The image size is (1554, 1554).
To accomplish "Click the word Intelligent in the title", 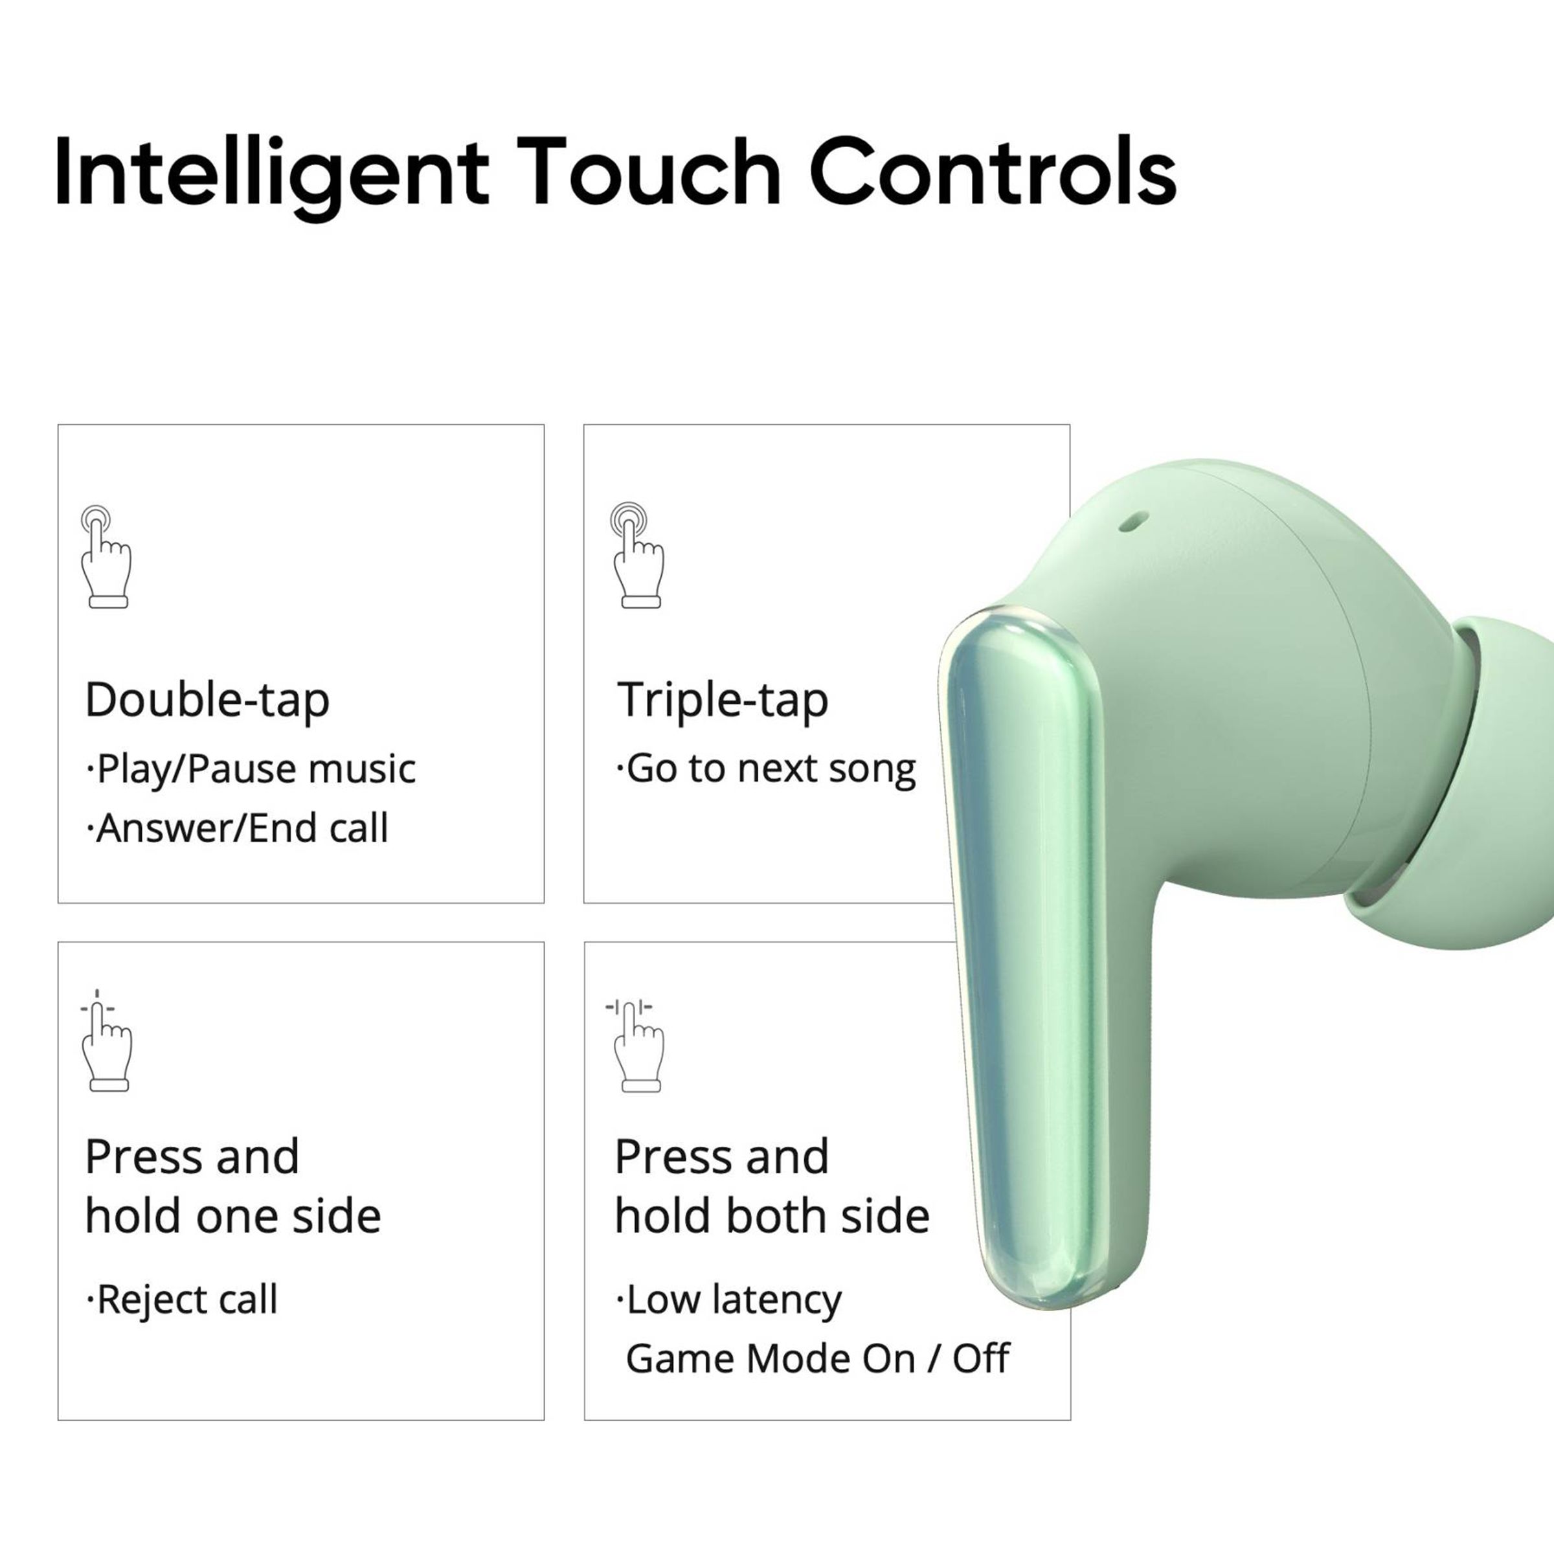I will (271, 174).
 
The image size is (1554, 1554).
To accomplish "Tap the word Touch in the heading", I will (649, 172).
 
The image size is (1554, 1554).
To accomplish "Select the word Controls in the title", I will (992, 172).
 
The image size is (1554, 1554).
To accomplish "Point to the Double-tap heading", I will (207, 700).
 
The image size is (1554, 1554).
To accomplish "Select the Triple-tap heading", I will (723, 700).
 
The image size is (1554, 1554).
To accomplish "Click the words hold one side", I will (232, 1216).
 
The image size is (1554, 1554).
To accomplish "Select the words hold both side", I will (771, 1216).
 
